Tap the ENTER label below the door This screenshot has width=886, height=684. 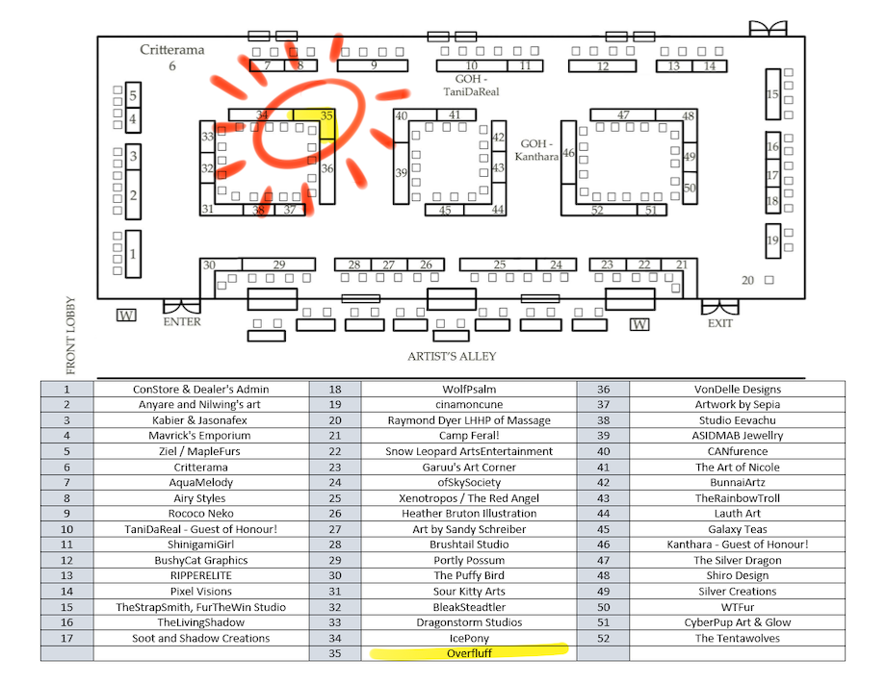pos(182,321)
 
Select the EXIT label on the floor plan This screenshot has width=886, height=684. pos(720,323)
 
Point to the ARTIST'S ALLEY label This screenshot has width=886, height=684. pos(452,356)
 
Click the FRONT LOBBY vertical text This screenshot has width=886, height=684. pos(70,335)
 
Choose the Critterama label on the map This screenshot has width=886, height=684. pos(171,50)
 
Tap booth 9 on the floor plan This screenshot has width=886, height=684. pos(373,65)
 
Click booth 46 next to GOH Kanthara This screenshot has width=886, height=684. pos(568,152)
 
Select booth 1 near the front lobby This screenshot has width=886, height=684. pos(133,254)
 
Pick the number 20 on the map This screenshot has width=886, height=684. pos(747,281)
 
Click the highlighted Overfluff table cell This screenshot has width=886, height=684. pos(469,653)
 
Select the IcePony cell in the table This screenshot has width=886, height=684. pos(469,638)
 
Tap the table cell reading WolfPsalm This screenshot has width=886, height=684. pos(469,389)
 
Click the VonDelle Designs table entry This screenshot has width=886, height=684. pos(738,389)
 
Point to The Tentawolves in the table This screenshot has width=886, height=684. pos(738,638)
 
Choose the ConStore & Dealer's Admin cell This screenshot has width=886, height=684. pos(201,389)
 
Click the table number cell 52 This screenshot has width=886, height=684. pos(604,638)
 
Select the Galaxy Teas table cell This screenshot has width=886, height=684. pos(738,529)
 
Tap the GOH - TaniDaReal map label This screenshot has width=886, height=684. pos(471,86)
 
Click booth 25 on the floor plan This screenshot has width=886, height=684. pos(498,265)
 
